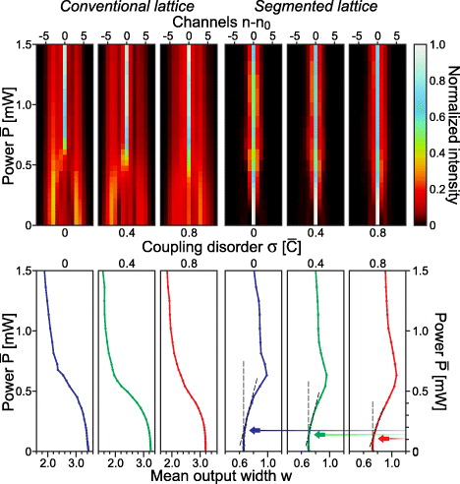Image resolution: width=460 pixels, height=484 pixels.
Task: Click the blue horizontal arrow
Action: [295, 430]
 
